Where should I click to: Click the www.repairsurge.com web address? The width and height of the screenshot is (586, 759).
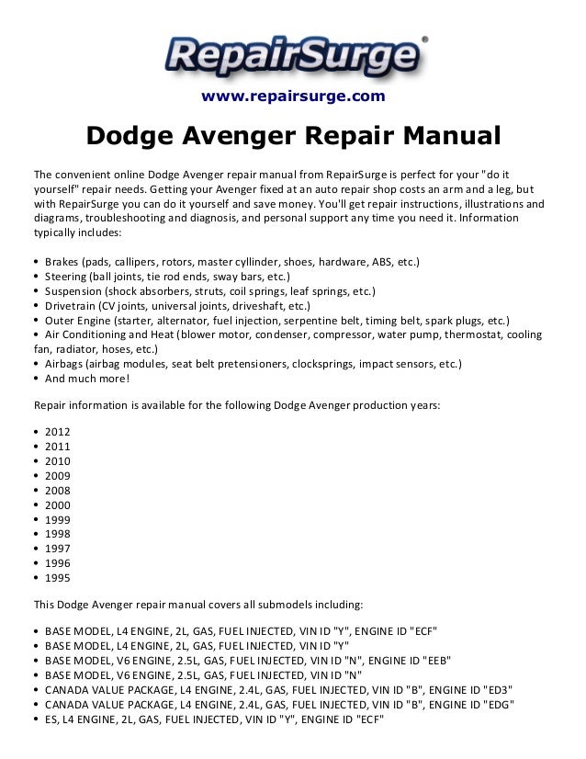292,96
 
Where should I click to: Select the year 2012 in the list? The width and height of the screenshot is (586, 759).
56,432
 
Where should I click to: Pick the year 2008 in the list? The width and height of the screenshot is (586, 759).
56,491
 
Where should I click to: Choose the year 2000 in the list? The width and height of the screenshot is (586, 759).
56,505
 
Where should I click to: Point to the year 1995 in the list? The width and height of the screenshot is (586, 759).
56,579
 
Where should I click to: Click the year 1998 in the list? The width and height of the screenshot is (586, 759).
56,535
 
